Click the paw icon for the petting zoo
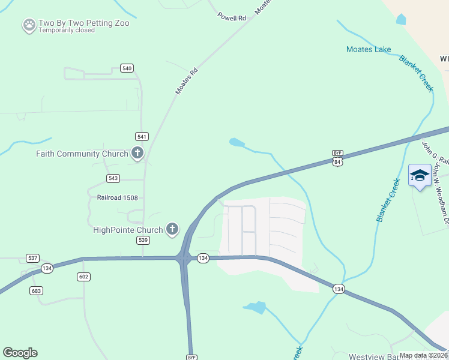[x=29, y=25]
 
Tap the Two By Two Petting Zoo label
[x=83, y=23]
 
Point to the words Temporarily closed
[x=67, y=31]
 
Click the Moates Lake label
[x=369, y=49]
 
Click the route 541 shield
[x=142, y=137]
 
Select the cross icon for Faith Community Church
[x=137, y=154]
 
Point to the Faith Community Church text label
[x=82, y=154]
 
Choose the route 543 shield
[x=113, y=178]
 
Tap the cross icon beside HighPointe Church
[x=172, y=229]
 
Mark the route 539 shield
[x=143, y=240]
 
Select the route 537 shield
[x=33, y=258]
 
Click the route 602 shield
[x=83, y=277]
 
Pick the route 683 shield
[x=37, y=290]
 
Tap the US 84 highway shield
[x=338, y=161]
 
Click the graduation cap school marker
[x=420, y=176]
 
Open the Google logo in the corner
[x=20, y=353]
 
